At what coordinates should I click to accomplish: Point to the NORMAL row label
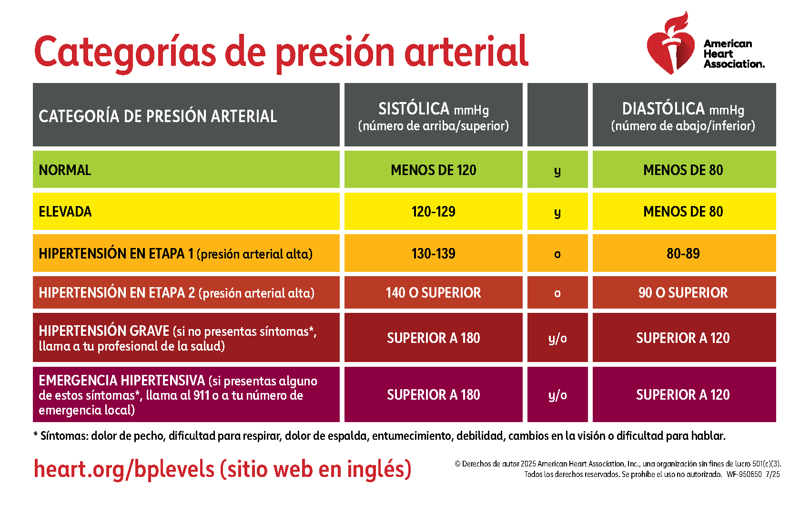65,170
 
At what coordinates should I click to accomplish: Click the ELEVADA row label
65,212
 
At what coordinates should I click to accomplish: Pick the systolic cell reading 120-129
433,212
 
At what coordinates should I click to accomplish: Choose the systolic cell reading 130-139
433,253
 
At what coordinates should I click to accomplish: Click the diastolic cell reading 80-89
683,253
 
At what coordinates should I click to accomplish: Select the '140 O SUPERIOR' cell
433,293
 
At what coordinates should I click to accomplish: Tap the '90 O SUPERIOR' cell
683,293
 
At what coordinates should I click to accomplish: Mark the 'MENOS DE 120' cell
433,170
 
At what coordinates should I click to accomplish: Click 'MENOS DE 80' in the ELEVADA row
683,212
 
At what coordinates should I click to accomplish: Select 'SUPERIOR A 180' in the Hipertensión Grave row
433,338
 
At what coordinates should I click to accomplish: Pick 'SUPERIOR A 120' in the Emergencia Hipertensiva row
683,395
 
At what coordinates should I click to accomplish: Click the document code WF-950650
744,475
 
